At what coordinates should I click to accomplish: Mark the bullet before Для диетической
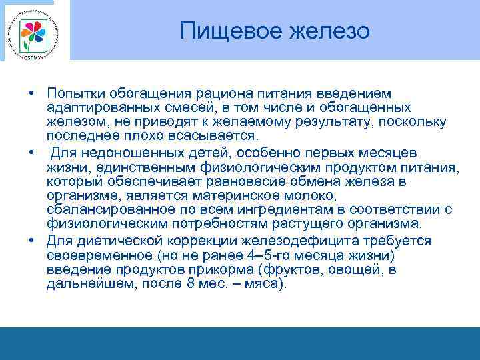click(31, 241)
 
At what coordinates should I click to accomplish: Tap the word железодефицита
click(307, 241)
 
